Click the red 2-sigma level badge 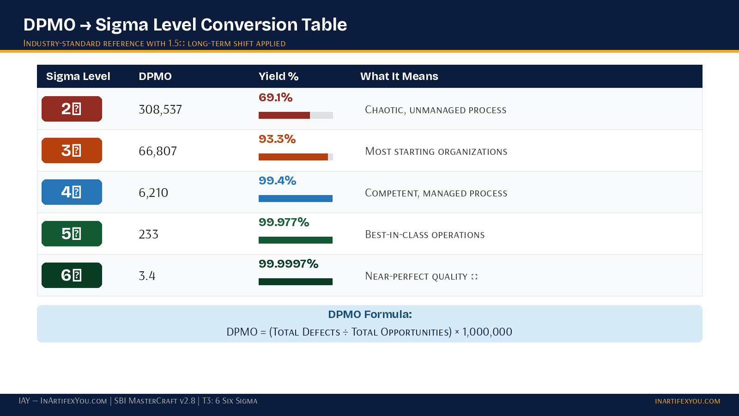pyautogui.click(x=72, y=109)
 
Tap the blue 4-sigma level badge pyautogui.click(x=72, y=192)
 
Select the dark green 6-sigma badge pyautogui.click(x=72, y=275)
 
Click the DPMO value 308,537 pyautogui.click(x=160, y=110)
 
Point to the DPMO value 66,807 pyautogui.click(x=157, y=151)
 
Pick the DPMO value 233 pyautogui.click(x=148, y=234)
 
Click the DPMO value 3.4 pyautogui.click(x=147, y=276)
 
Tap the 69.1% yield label pyautogui.click(x=275, y=98)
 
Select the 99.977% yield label pyautogui.click(x=284, y=222)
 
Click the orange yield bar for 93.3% pyautogui.click(x=293, y=157)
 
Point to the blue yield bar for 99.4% pyautogui.click(x=296, y=198)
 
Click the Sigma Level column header pyautogui.click(x=78, y=76)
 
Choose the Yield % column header pyautogui.click(x=278, y=76)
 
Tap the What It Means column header pyautogui.click(x=399, y=76)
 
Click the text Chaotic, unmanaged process pyautogui.click(x=436, y=110)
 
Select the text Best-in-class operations pyautogui.click(x=424, y=235)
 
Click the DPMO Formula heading pyautogui.click(x=369, y=314)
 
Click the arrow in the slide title pyautogui.click(x=85, y=25)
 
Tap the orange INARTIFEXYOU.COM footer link pyautogui.click(x=687, y=401)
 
